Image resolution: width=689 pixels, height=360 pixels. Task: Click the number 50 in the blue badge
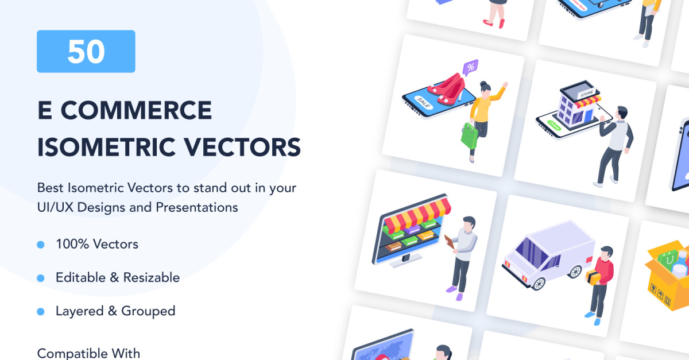point(86,52)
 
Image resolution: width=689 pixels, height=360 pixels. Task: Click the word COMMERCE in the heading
point(136,110)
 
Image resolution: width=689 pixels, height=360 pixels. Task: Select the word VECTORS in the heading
point(242,148)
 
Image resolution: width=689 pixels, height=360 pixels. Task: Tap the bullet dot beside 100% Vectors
point(41,245)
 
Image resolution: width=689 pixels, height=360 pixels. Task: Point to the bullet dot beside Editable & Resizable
point(41,278)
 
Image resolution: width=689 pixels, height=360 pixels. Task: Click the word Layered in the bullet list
point(80,311)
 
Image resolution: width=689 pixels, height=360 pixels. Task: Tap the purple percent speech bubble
point(470,67)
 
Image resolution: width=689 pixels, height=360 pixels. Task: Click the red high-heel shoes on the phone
point(447,89)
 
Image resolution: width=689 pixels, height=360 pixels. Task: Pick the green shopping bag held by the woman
point(470,136)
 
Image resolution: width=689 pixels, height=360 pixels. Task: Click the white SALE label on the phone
point(423,102)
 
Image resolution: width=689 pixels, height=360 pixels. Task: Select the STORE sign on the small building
point(587,93)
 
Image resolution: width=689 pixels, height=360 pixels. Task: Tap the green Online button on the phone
point(554,125)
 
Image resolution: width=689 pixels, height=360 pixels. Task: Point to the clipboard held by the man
point(450,242)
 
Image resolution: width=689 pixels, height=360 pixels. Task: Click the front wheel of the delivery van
point(539,284)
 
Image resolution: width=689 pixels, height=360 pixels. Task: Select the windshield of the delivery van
point(532,252)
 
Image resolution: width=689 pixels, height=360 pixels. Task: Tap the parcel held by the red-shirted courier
point(593,277)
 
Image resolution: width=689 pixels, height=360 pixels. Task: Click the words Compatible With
point(88,353)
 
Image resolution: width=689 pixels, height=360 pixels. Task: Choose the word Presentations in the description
point(197,208)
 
